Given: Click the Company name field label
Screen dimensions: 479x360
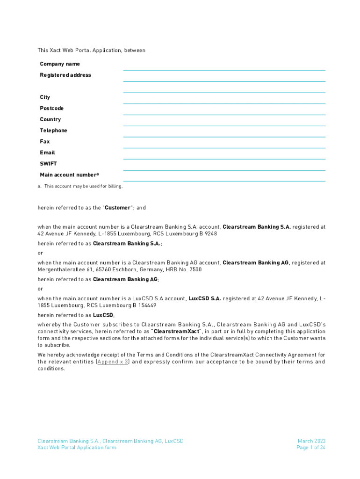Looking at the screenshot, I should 60,64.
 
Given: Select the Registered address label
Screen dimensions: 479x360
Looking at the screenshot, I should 65,75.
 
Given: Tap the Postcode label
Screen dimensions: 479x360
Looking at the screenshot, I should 51,109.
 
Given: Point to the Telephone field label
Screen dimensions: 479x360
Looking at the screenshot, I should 53,131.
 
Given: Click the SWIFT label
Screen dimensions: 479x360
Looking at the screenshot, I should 48,164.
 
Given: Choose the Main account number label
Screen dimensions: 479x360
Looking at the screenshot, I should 69,175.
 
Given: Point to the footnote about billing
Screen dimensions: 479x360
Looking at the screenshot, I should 80,186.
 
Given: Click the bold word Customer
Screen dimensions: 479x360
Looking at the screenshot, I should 118,208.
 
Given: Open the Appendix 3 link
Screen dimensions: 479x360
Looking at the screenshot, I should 112,362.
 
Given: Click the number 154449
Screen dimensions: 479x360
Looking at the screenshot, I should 146,305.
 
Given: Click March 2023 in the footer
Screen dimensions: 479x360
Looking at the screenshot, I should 311,441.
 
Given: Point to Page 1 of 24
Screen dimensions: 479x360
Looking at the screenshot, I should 311,448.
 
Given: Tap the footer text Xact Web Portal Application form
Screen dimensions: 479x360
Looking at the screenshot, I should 77,448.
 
